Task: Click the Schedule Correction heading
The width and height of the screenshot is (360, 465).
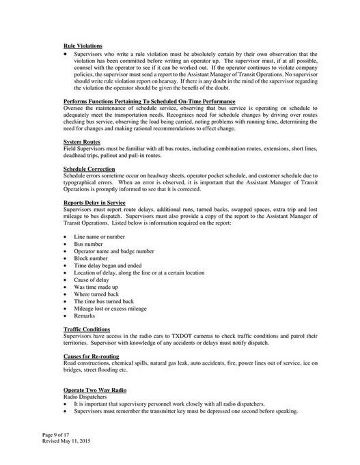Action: pyautogui.click(x=89, y=168)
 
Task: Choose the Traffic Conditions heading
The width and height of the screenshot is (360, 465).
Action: pyautogui.click(x=87, y=330)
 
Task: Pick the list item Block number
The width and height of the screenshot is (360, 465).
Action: pyautogui.click(x=90, y=259)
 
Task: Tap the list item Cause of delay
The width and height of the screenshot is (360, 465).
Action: pyautogui.click(x=93, y=280)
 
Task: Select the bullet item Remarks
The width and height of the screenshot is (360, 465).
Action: pyautogui.click(x=85, y=316)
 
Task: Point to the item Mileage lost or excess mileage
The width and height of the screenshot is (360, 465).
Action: pyautogui.click(x=110, y=309)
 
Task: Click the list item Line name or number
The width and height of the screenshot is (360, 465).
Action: pyautogui.click(x=99, y=236)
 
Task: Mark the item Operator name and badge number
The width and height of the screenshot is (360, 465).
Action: pyautogui.click(x=113, y=251)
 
